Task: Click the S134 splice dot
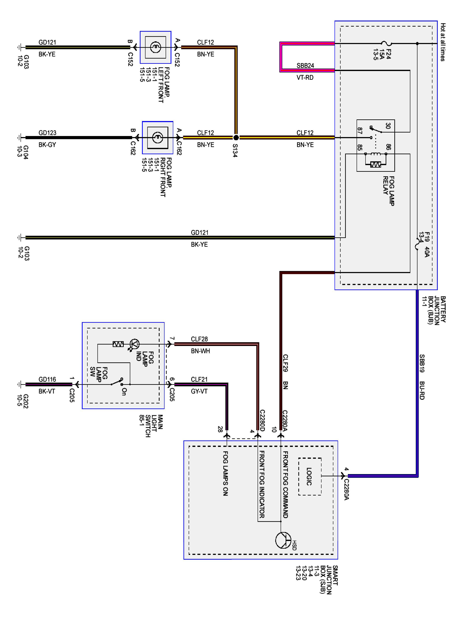(x=236, y=137)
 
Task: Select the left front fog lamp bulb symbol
(x=155, y=47)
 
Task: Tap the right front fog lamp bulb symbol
(x=157, y=137)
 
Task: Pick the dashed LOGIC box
(x=310, y=476)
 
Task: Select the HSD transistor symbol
(x=283, y=540)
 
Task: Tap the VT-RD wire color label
(x=305, y=77)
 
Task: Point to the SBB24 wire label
(x=305, y=66)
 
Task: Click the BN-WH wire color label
(x=200, y=351)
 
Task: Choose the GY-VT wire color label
(x=199, y=391)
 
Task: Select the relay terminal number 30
(x=388, y=126)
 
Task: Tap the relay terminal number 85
(x=359, y=147)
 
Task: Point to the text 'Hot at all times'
(x=443, y=42)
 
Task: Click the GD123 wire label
(x=47, y=133)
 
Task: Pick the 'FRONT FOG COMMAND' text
(x=285, y=484)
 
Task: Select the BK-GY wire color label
(x=47, y=145)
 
